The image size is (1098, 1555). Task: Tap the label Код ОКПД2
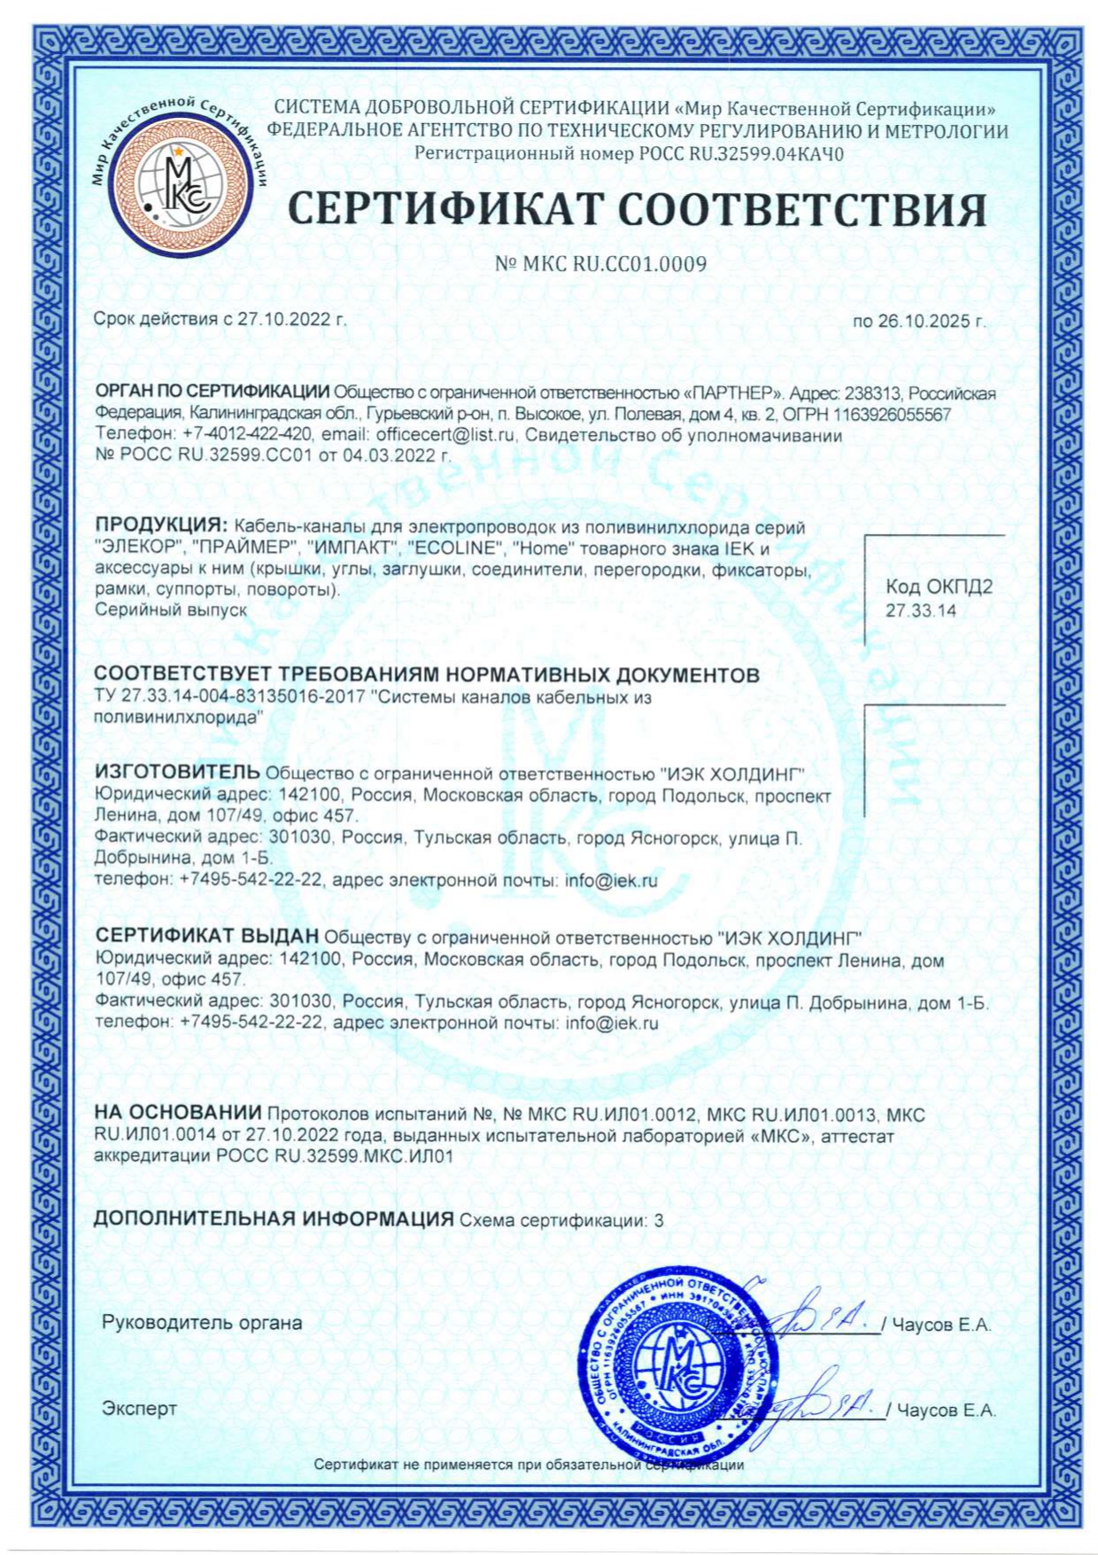coord(927,587)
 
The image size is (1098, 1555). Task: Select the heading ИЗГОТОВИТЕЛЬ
coord(177,773)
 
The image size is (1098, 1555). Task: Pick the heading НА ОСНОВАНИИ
coord(177,1113)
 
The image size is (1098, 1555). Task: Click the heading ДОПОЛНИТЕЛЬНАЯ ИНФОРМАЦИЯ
coord(273,1219)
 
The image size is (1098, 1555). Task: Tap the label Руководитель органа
coord(202,1323)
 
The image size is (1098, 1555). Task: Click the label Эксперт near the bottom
coord(139,1408)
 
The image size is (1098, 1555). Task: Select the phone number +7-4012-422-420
coord(246,435)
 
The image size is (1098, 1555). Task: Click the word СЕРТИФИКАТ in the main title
coord(445,209)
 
